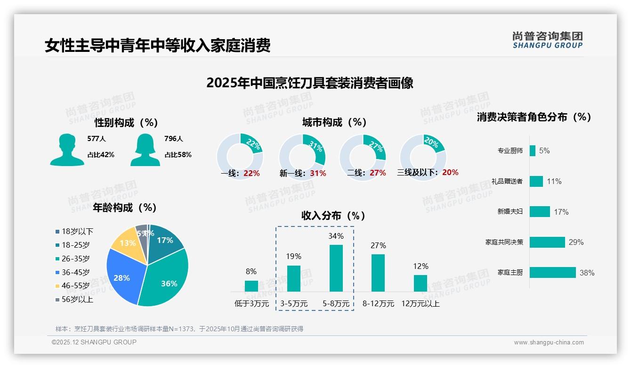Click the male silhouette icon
[67, 150]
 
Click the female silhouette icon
[145, 150]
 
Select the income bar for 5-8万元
[336, 268]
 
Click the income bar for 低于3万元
[251, 286]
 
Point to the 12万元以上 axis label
[421, 304]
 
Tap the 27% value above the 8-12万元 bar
[378, 245]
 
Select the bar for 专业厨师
[533, 151]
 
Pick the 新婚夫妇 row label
[510, 212]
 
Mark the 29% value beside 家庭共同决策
[576, 242]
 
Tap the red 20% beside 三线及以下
[450, 173]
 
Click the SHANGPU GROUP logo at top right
[547, 40]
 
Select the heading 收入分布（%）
[333, 216]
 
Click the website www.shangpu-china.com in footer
[549, 343]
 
